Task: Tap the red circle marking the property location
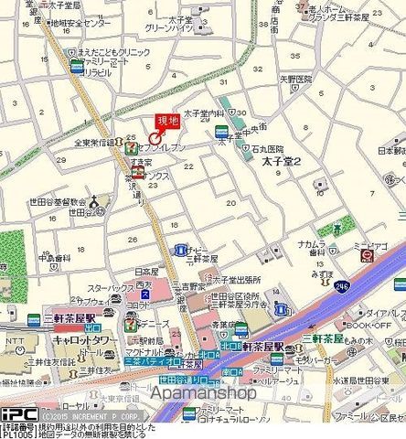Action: tap(153, 134)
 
